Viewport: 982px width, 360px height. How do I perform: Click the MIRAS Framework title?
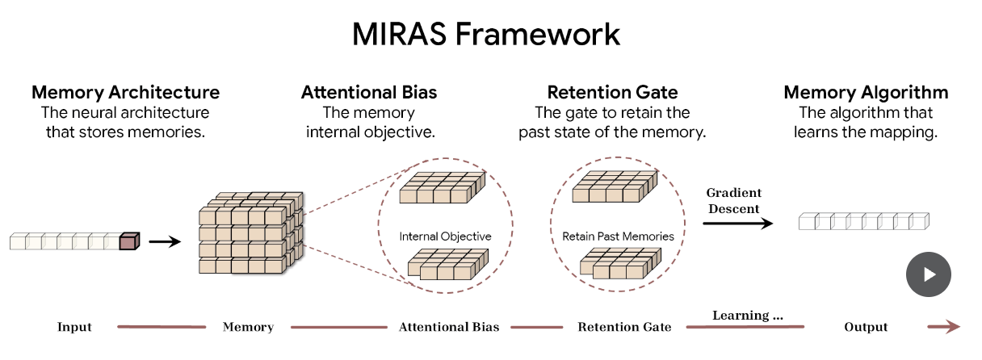486,34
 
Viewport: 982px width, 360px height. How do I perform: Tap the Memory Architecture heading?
125,92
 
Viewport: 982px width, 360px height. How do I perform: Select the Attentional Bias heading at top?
369,92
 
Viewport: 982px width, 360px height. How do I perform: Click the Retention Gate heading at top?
612,92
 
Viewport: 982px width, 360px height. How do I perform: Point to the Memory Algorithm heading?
866,92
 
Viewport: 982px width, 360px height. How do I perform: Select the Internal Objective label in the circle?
445,237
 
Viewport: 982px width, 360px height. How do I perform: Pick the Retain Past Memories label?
618,237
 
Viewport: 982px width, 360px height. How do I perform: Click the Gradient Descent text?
733,201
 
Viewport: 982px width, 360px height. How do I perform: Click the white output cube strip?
863,221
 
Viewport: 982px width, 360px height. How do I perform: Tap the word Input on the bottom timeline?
74,327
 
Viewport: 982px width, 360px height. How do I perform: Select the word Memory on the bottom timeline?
248,327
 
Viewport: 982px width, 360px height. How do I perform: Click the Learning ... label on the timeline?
747,316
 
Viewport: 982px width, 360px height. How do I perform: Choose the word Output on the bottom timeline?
866,327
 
